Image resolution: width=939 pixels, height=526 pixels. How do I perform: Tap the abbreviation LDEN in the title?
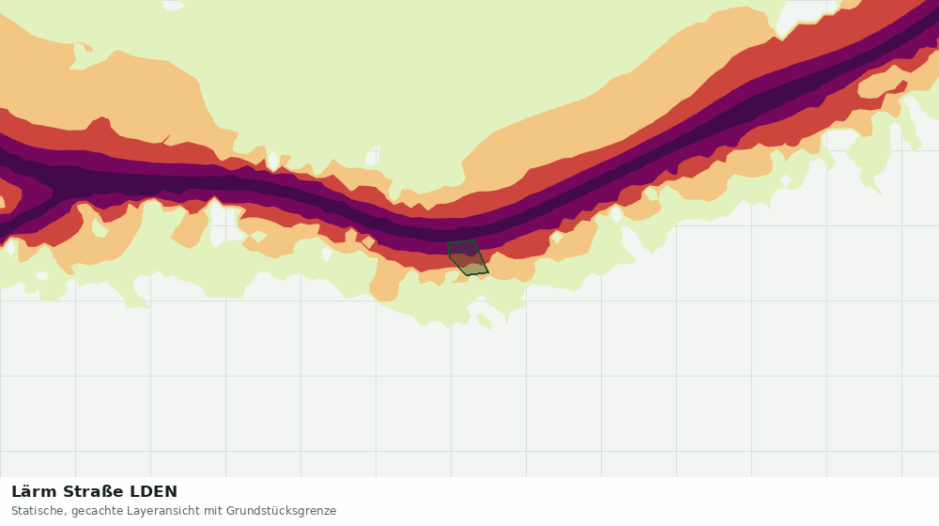point(154,491)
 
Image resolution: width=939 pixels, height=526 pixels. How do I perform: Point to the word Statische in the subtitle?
point(38,511)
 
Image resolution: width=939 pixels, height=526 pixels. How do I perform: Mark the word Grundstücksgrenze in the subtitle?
point(282,512)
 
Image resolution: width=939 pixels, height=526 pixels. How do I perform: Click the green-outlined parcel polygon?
point(468,257)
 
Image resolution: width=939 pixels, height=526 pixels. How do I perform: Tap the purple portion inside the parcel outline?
point(462,248)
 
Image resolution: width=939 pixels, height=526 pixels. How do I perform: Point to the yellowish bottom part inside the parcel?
point(474,269)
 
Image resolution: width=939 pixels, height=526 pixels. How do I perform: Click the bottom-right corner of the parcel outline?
point(488,272)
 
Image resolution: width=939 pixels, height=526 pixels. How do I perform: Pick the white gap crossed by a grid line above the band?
point(373,156)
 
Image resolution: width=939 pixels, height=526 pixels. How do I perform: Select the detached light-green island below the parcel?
point(484,322)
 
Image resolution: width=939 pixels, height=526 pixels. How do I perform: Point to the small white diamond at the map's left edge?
point(8,247)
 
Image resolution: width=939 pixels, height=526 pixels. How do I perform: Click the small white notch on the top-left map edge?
point(173,5)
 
